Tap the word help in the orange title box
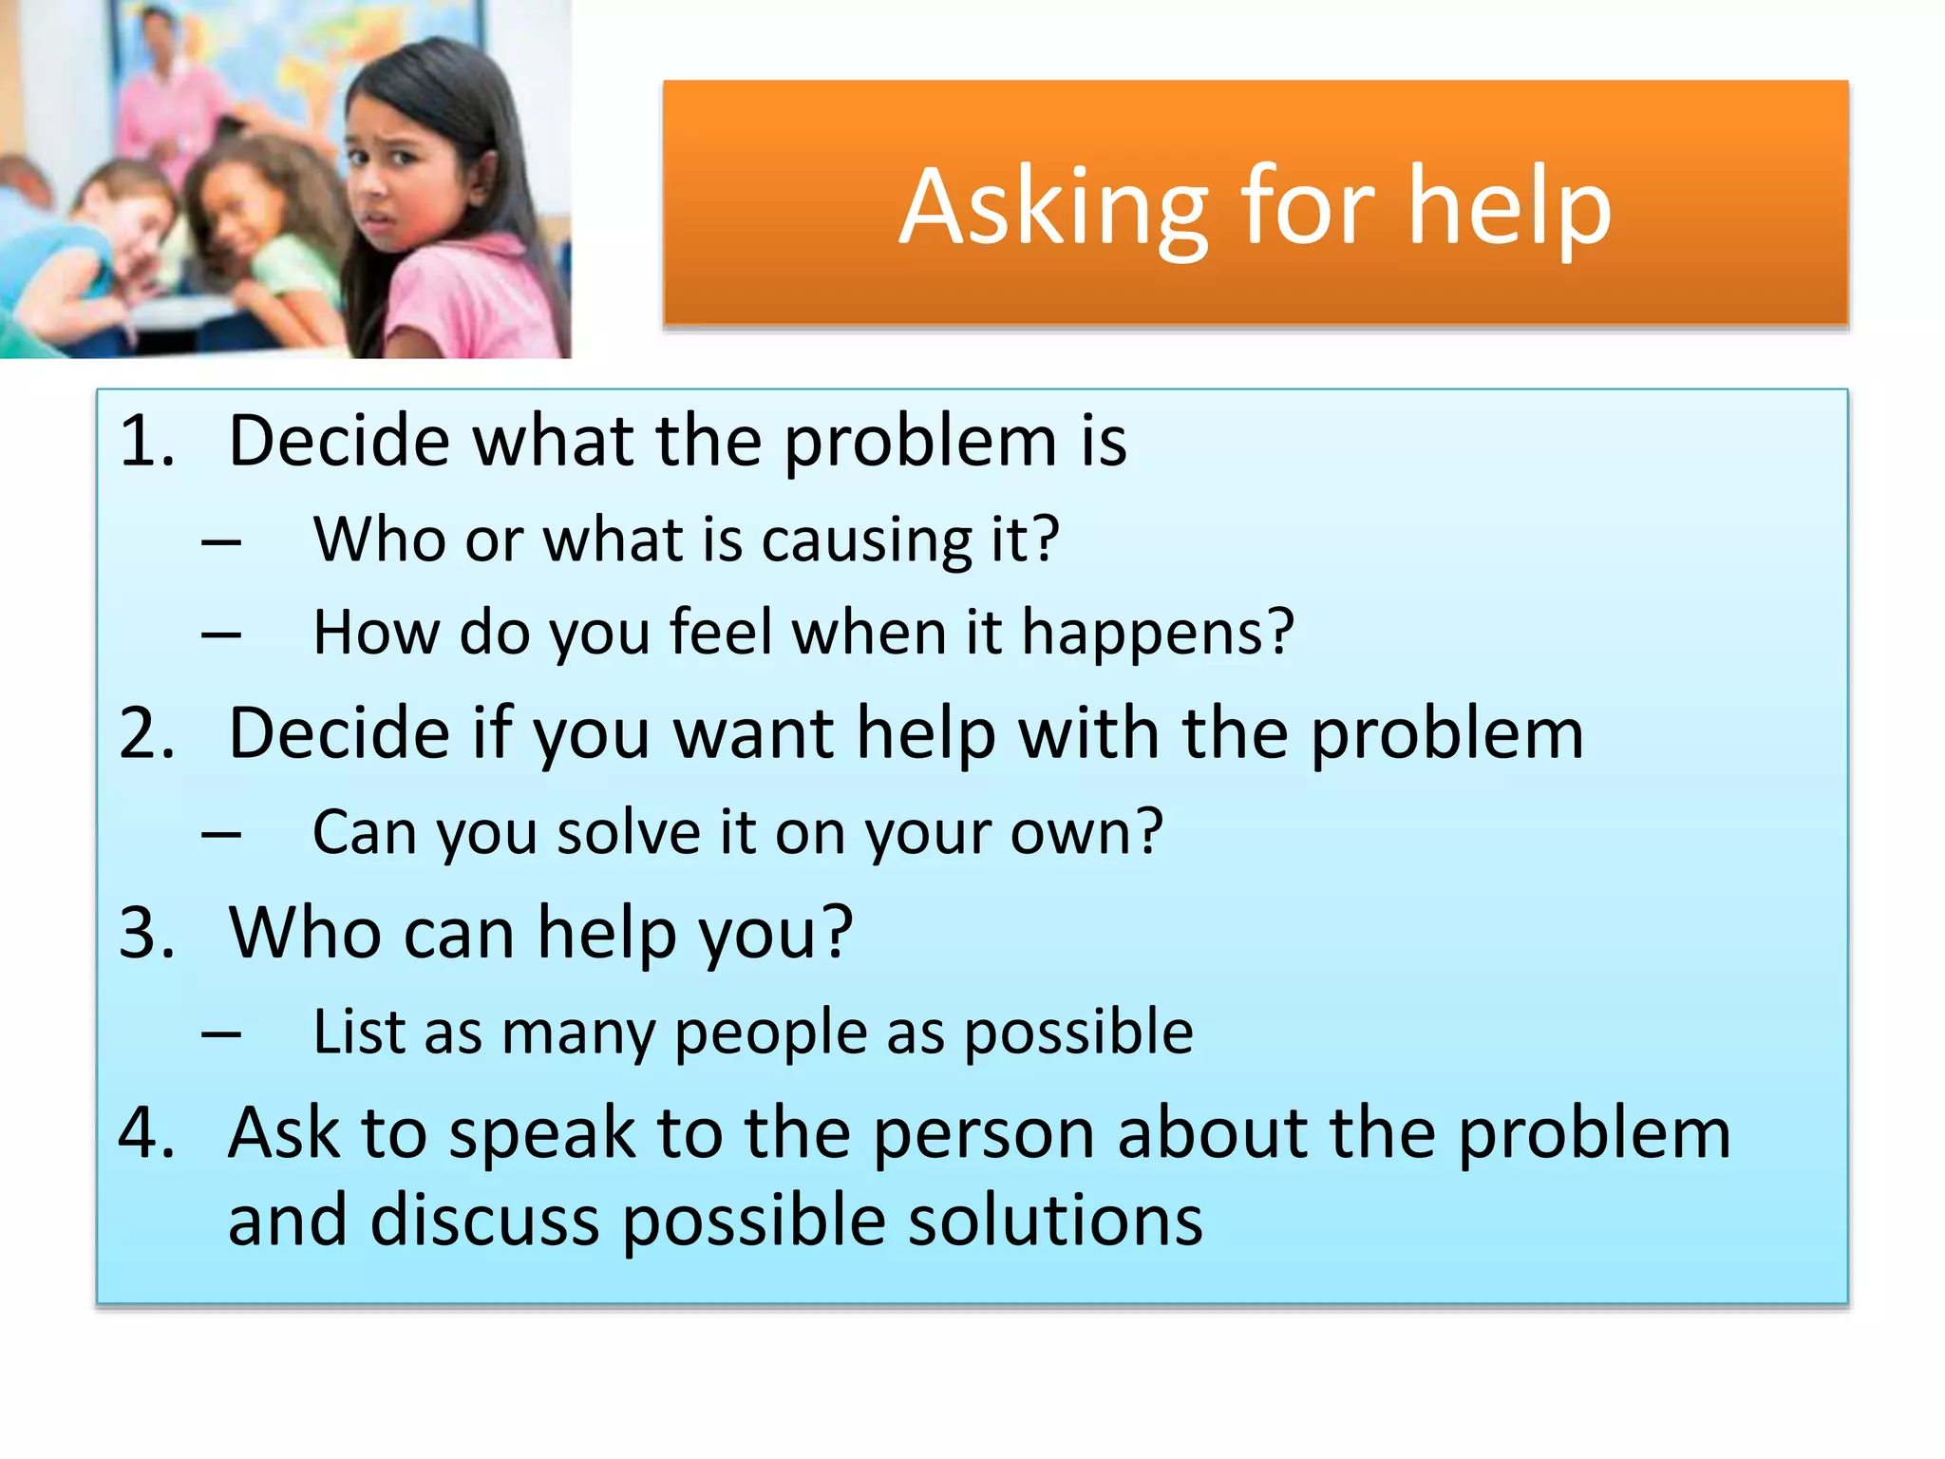[x=1509, y=209]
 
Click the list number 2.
[x=147, y=734]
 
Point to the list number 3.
[x=147, y=933]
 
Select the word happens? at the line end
[x=1158, y=635]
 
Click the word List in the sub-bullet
[x=360, y=1033]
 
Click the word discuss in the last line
[x=484, y=1221]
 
